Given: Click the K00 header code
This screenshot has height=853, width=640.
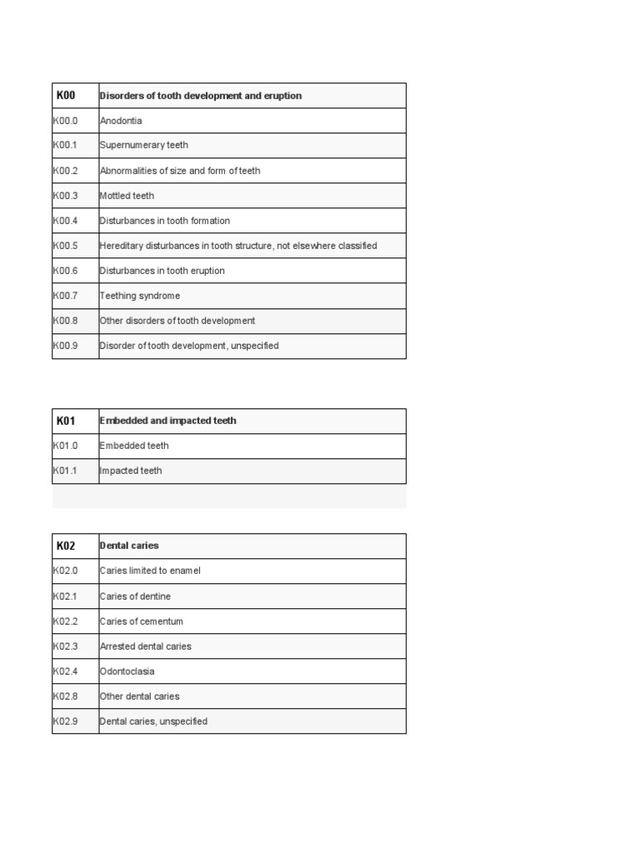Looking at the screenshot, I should click(x=66, y=96).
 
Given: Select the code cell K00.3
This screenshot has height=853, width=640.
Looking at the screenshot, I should click(x=65, y=196).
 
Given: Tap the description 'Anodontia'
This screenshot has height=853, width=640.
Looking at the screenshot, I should click(x=121, y=121).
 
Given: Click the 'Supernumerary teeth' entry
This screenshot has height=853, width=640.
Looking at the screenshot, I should click(x=144, y=145).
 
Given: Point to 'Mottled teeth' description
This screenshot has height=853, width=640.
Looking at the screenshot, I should click(x=127, y=196).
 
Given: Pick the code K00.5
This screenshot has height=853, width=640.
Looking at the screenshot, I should click(x=65, y=246).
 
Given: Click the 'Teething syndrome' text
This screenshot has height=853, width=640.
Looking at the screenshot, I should click(x=140, y=296).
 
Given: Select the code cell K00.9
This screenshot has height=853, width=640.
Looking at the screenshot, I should click(x=65, y=346).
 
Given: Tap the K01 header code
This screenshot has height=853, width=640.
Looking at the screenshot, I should click(x=66, y=421).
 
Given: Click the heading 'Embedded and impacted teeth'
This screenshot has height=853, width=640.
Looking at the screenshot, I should click(x=168, y=421).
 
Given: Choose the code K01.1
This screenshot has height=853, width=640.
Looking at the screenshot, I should click(x=65, y=471).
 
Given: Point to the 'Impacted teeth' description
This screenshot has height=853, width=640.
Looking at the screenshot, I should click(x=131, y=471).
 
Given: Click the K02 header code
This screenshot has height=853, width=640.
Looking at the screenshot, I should click(x=66, y=546).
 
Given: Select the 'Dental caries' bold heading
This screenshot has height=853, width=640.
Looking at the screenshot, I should click(x=129, y=546).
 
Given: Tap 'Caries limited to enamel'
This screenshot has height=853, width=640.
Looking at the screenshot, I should click(x=150, y=571).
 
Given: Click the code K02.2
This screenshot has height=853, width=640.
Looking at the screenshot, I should click(x=65, y=621).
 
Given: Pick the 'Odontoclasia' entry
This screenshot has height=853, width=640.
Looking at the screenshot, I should click(x=127, y=671).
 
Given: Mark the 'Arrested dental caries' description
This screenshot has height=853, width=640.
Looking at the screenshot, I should click(x=145, y=646).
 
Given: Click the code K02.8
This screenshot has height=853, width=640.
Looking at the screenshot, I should click(x=65, y=696).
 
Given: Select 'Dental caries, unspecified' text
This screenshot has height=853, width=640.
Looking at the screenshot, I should click(x=153, y=721).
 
